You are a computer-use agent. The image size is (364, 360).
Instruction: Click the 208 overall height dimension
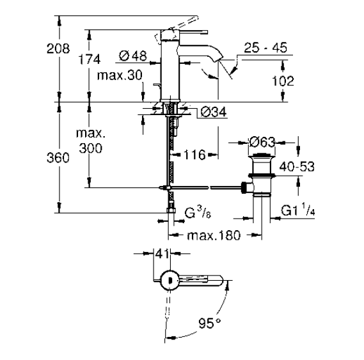[58, 49]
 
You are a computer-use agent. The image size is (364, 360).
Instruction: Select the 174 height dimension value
[90, 59]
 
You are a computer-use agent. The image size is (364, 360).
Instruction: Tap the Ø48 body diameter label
[133, 56]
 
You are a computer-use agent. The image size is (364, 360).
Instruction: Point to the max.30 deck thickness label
[120, 75]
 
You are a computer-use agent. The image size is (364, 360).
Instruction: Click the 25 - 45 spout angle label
[265, 47]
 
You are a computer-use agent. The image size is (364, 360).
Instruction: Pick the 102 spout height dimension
[283, 81]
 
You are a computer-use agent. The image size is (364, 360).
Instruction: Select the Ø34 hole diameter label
[213, 113]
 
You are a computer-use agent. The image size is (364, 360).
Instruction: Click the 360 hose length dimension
[58, 158]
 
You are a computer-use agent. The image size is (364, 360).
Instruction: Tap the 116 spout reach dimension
[194, 155]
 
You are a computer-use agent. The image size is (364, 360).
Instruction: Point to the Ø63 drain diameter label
[262, 142]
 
